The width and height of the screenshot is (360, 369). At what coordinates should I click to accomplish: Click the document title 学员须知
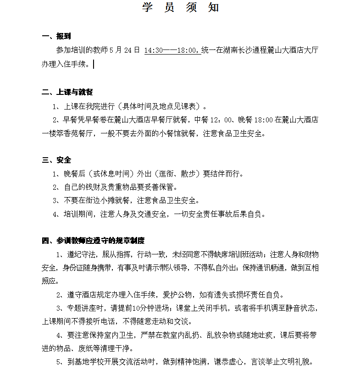coord(180,7)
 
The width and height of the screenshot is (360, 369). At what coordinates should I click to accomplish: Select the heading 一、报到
coord(56,36)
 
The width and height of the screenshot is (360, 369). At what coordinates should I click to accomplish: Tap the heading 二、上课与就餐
coord(67,92)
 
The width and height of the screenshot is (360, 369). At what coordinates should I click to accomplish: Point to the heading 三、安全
coord(56,160)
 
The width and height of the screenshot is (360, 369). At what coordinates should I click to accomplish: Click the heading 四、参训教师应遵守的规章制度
coord(93,240)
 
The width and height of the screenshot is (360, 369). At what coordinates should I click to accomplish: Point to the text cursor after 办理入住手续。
coord(94,64)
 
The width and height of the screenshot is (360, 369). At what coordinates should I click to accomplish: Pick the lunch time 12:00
coord(222,120)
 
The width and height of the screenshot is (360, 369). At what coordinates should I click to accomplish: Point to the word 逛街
coord(167,174)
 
